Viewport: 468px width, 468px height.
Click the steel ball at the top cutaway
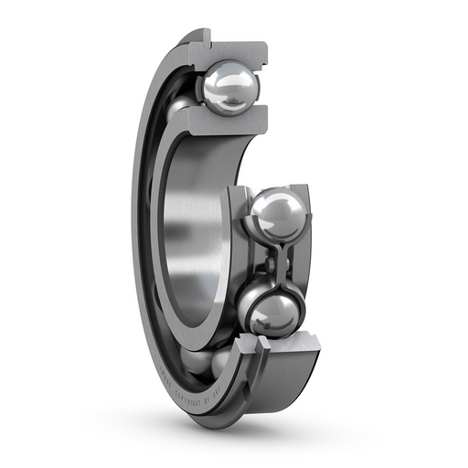click(229, 88)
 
